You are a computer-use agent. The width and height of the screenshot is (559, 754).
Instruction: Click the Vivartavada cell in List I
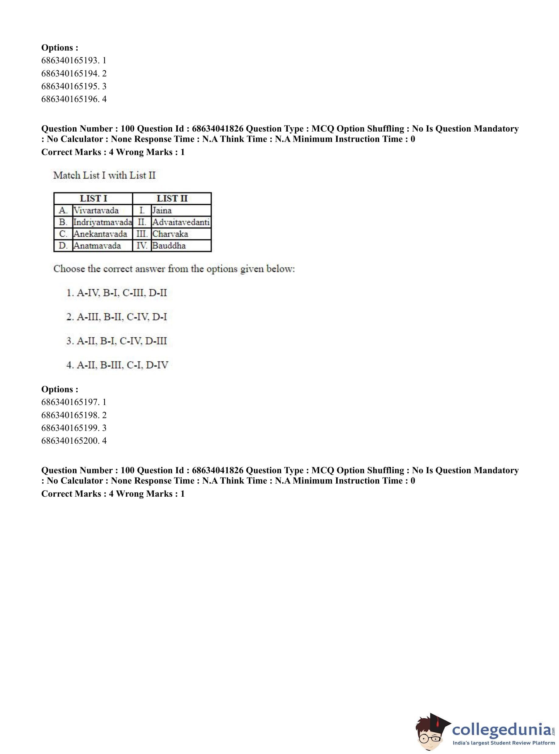[x=96, y=210]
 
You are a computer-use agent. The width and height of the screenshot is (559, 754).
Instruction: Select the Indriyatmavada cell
[x=103, y=222]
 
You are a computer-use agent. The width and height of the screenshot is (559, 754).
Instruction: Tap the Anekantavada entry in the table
[x=100, y=234]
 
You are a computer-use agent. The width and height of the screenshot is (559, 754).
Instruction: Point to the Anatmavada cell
[x=97, y=246]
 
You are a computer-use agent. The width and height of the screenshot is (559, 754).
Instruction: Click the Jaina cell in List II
[x=162, y=210]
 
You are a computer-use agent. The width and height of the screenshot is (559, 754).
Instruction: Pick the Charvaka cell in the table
[x=170, y=234]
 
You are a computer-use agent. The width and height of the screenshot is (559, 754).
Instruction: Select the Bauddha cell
[x=169, y=246]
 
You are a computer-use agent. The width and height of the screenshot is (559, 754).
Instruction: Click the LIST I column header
[x=93, y=198]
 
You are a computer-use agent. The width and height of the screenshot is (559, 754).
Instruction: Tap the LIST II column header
[x=172, y=198]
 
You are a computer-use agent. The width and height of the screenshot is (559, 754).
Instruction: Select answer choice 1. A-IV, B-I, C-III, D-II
[x=117, y=293]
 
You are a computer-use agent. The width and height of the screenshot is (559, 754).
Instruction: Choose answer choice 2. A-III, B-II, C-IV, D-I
[x=117, y=317]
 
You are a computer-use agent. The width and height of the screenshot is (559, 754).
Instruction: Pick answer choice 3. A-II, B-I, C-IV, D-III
[x=117, y=341]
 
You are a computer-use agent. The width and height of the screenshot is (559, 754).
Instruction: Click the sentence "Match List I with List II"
[x=104, y=175]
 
